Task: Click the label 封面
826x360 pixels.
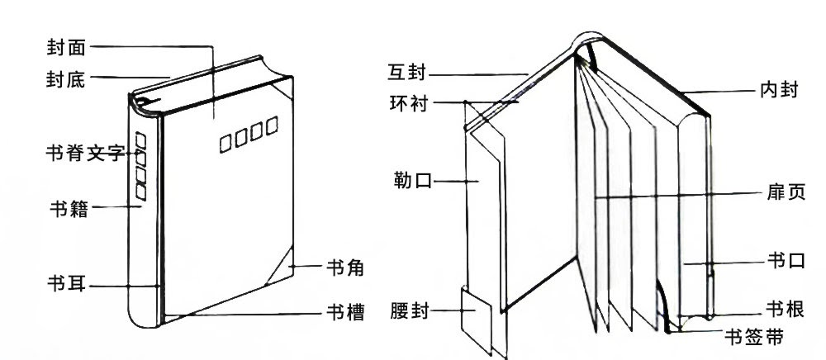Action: pos(66,48)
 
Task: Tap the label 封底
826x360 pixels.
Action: pos(66,80)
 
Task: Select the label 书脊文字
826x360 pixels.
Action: pos(85,153)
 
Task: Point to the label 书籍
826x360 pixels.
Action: pos(69,208)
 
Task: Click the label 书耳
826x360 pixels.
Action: pos(66,284)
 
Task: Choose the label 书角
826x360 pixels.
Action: pos(345,268)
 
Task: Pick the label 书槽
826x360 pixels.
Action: pos(345,313)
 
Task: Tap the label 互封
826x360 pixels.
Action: pos(406,73)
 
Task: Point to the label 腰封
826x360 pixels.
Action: pos(410,311)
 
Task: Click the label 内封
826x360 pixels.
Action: pos(780,90)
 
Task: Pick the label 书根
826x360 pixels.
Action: pos(786,310)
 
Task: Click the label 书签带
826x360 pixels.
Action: pos(754,336)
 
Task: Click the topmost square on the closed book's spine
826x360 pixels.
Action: pos(140,140)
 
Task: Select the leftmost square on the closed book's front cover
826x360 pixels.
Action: pos(225,144)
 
